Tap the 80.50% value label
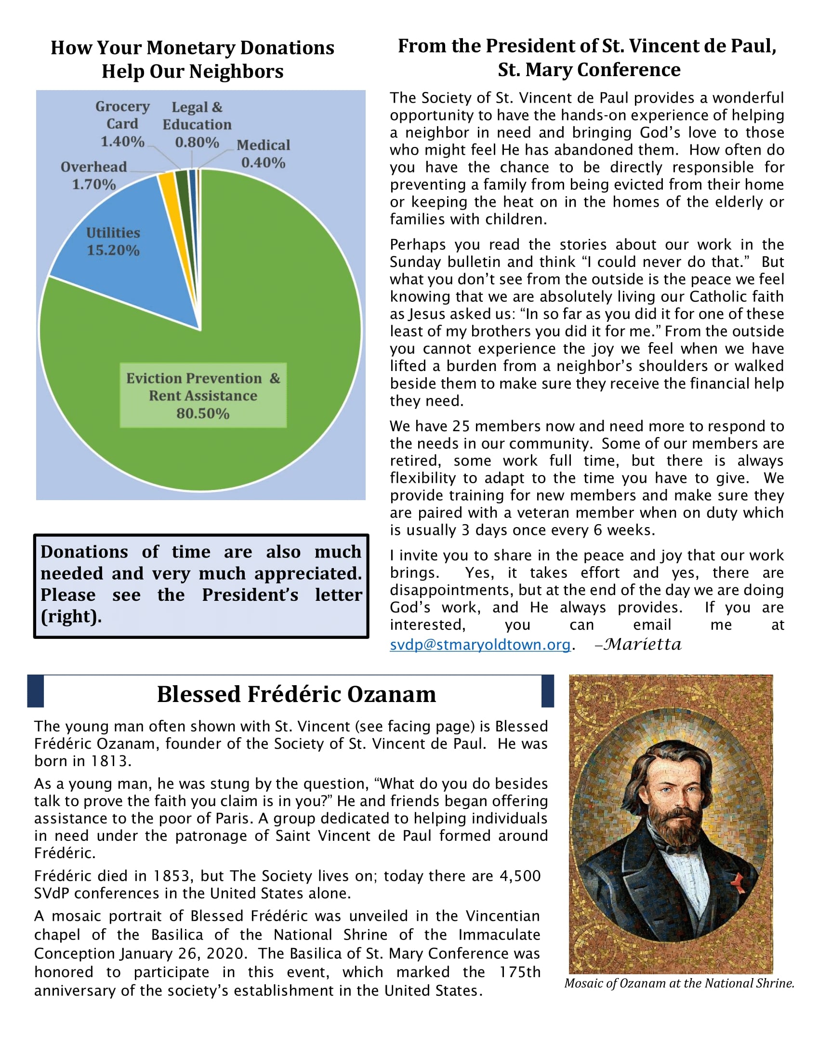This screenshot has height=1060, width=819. click(x=203, y=413)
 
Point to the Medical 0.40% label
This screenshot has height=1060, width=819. click(x=263, y=154)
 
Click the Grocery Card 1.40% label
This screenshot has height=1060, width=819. click(x=122, y=124)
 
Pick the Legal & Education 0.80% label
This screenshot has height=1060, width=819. click(x=197, y=125)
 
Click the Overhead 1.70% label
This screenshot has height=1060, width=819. click(x=93, y=176)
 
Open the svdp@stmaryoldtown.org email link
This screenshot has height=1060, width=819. click(x=480, y=645)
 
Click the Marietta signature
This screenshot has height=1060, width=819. click(x=643, y=645)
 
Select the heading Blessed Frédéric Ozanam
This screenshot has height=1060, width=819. click(x=296, y=694)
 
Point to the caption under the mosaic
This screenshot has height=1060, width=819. click(x=679, y=983)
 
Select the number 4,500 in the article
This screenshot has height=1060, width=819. click(x=520, y=875)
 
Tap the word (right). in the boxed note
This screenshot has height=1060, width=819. click(x=71, y=616)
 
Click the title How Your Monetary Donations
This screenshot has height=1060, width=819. click(x=192, y=48)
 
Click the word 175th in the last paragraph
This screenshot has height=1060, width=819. click(x=520, y=972)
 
